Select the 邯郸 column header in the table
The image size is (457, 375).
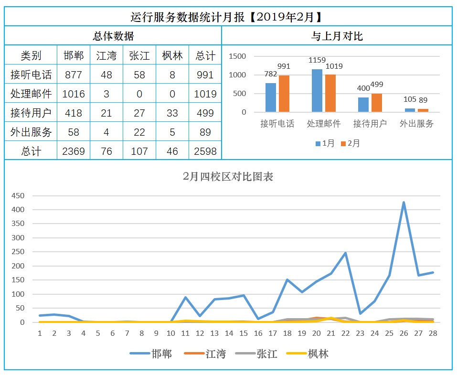point(73,55)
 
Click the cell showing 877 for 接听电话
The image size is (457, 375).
point(73,75)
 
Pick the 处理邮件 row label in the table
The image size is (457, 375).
point(31,94)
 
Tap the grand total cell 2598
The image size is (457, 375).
point(205,151)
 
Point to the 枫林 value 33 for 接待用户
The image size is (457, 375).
point(172,113)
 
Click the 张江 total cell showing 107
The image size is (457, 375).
point(139,151)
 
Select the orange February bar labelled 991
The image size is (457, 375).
point(284,94)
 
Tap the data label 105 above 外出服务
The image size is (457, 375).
point(410,99)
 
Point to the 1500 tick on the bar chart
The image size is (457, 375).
point(237,56)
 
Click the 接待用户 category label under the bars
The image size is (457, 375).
point(370,124)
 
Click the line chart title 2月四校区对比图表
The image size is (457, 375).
point(228,176)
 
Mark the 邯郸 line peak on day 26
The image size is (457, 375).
point(404,203)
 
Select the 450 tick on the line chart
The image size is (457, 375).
point(18,195)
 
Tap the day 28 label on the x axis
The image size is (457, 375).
point(433,333)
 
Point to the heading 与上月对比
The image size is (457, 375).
point(337,36)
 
